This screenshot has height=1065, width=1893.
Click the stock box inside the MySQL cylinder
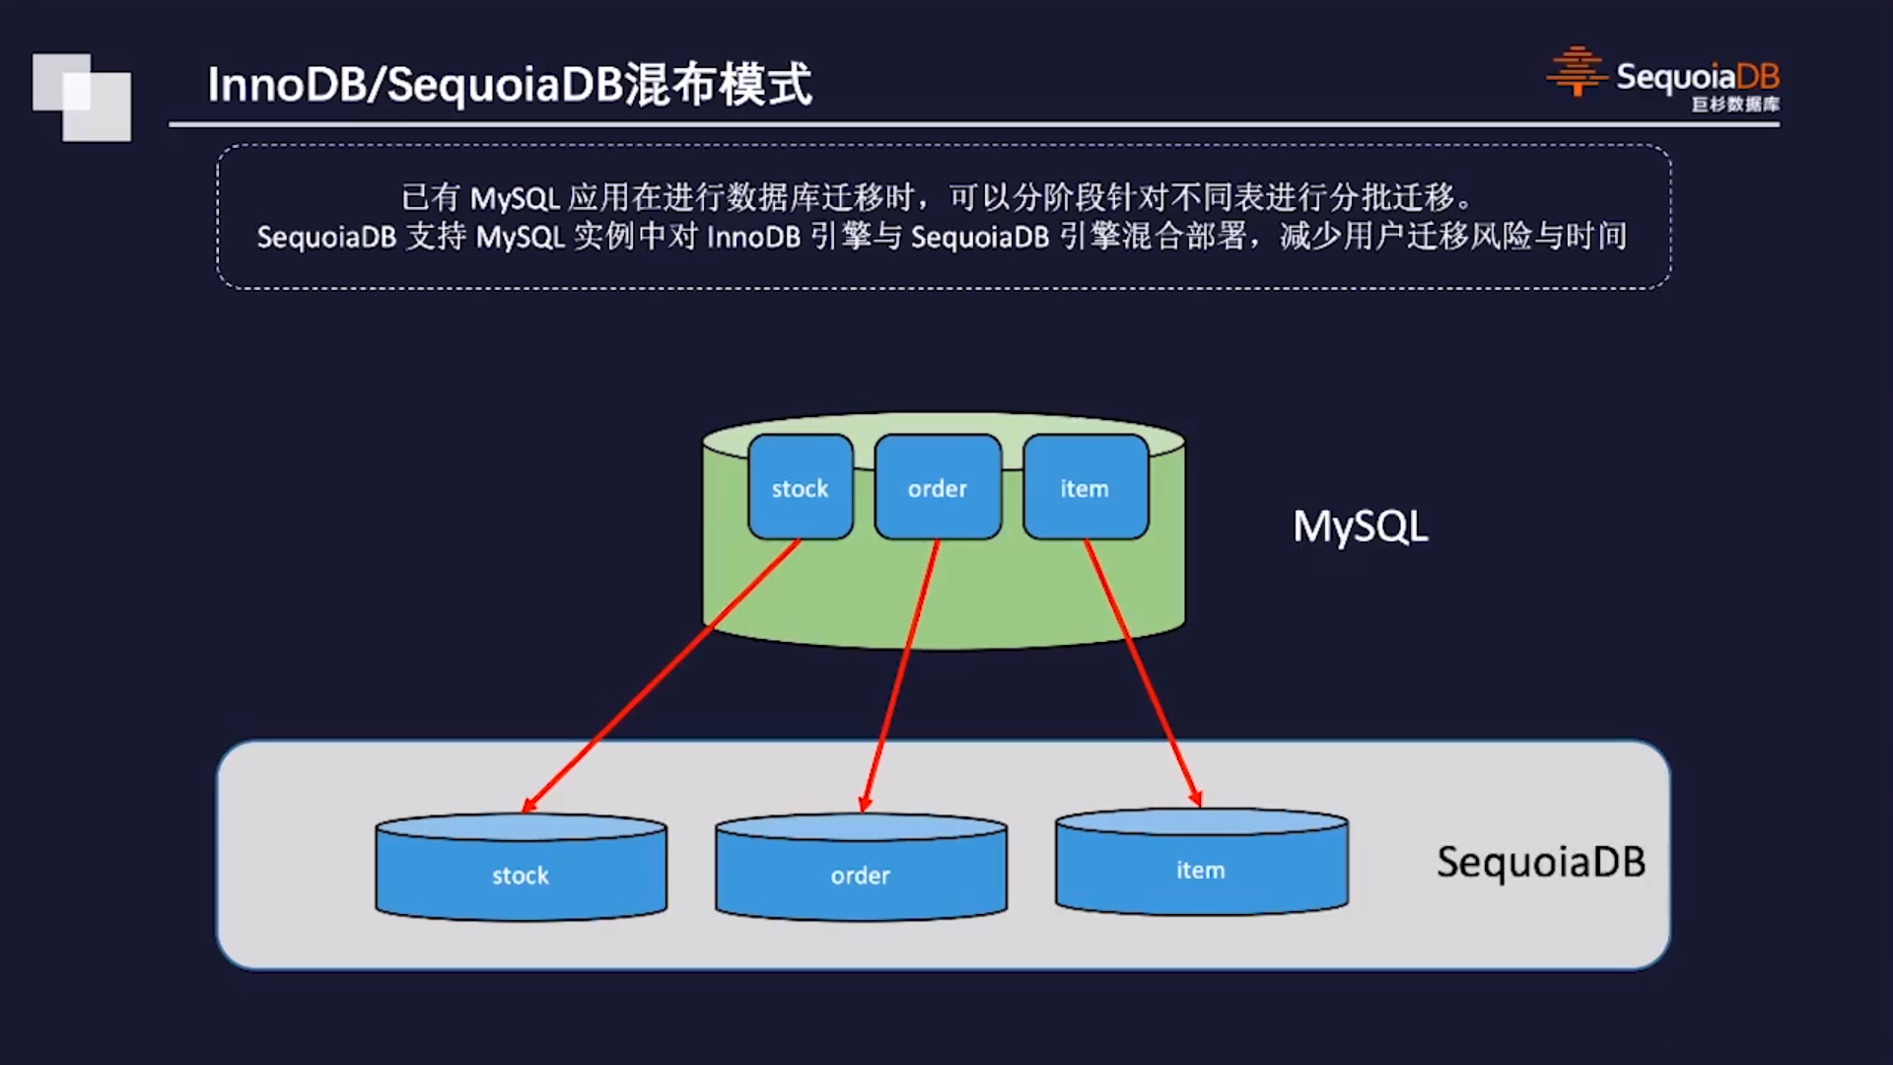[800, 487]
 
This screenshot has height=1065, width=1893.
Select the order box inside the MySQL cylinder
[937, 487]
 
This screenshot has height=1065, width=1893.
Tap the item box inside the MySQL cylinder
[1085, 487]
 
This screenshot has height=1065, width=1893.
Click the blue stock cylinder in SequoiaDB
[521, 872]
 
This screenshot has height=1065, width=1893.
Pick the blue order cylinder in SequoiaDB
[861, 872]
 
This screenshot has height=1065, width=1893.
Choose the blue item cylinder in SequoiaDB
[1201, 867]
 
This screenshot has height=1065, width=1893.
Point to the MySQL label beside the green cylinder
[1360, 527]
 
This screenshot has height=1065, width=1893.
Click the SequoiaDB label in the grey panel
[1540, 862]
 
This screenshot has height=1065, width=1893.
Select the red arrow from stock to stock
[661, 675]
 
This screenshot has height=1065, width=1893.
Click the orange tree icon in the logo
[1577, 72]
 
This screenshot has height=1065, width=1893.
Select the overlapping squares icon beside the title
[82, 97]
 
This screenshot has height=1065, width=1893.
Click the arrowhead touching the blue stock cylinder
[529, 805]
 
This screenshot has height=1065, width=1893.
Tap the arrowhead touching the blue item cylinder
[1194, 799]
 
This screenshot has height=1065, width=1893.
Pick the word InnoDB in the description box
[753, 238]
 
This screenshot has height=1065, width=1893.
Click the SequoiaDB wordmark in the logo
[1697, 76]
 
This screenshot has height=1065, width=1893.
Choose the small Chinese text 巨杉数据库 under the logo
[1735, 105]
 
